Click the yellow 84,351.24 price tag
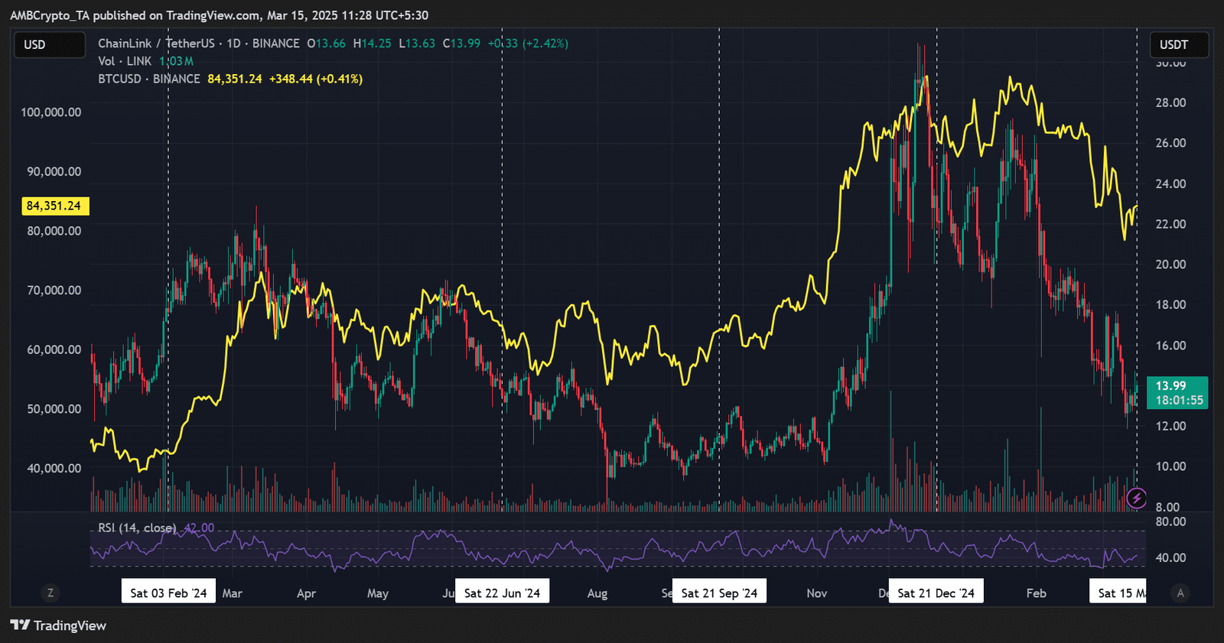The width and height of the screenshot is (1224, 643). click(54, 206)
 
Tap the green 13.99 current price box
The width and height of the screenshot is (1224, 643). click(1177, 392)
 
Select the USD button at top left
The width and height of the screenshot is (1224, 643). click(50, 45)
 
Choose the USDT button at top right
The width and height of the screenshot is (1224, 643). click(1178, 45)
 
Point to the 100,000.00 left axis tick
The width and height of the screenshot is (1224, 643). click(50, 112)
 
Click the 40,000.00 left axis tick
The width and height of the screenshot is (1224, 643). click(54, 468)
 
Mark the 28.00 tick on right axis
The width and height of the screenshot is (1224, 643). click(1170, 102)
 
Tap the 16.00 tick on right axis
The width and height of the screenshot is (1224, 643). click(1170, 346)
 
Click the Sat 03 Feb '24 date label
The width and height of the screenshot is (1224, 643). click(168, 593)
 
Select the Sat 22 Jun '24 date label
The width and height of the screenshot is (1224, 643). click(502, 593)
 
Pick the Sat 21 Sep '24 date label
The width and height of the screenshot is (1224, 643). click(719, 593)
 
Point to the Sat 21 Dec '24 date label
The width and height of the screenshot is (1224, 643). click(936, 593)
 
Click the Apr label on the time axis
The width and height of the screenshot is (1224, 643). click(306, 593)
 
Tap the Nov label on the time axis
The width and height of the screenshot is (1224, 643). click(816, 593)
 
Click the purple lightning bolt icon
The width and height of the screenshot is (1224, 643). click(1137, 498)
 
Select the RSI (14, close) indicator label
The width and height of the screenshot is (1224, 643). click(137, 528)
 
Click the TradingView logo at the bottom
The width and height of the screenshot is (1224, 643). click(58, 625)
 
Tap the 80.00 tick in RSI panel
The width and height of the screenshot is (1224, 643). click(1170, 521)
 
